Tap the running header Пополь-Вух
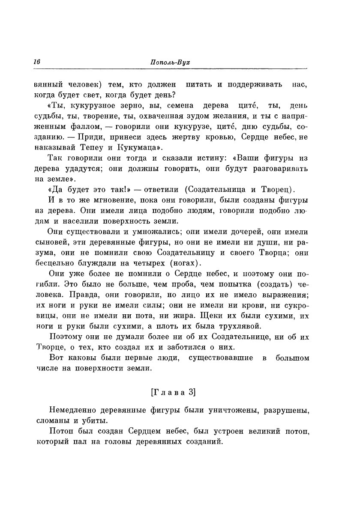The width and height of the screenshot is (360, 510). point(171,62)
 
